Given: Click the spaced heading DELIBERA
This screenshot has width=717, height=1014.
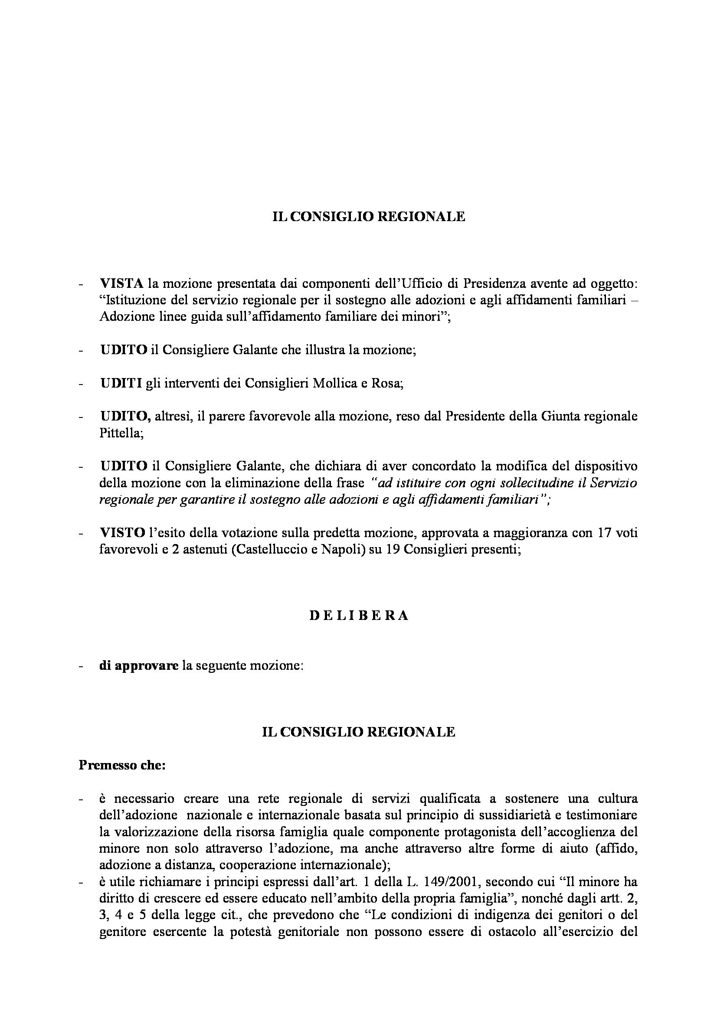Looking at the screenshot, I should pyautogui.click(x=358, y=616).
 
